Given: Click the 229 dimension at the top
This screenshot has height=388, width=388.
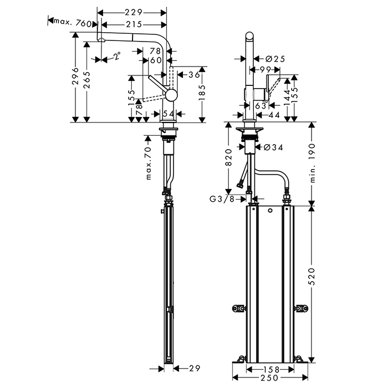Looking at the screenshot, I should [132, 12].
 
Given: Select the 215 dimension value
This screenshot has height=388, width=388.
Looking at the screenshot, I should [132, 24].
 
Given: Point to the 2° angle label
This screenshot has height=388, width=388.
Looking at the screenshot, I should [116, 56].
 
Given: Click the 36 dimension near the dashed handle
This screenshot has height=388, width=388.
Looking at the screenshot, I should [194, 75].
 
